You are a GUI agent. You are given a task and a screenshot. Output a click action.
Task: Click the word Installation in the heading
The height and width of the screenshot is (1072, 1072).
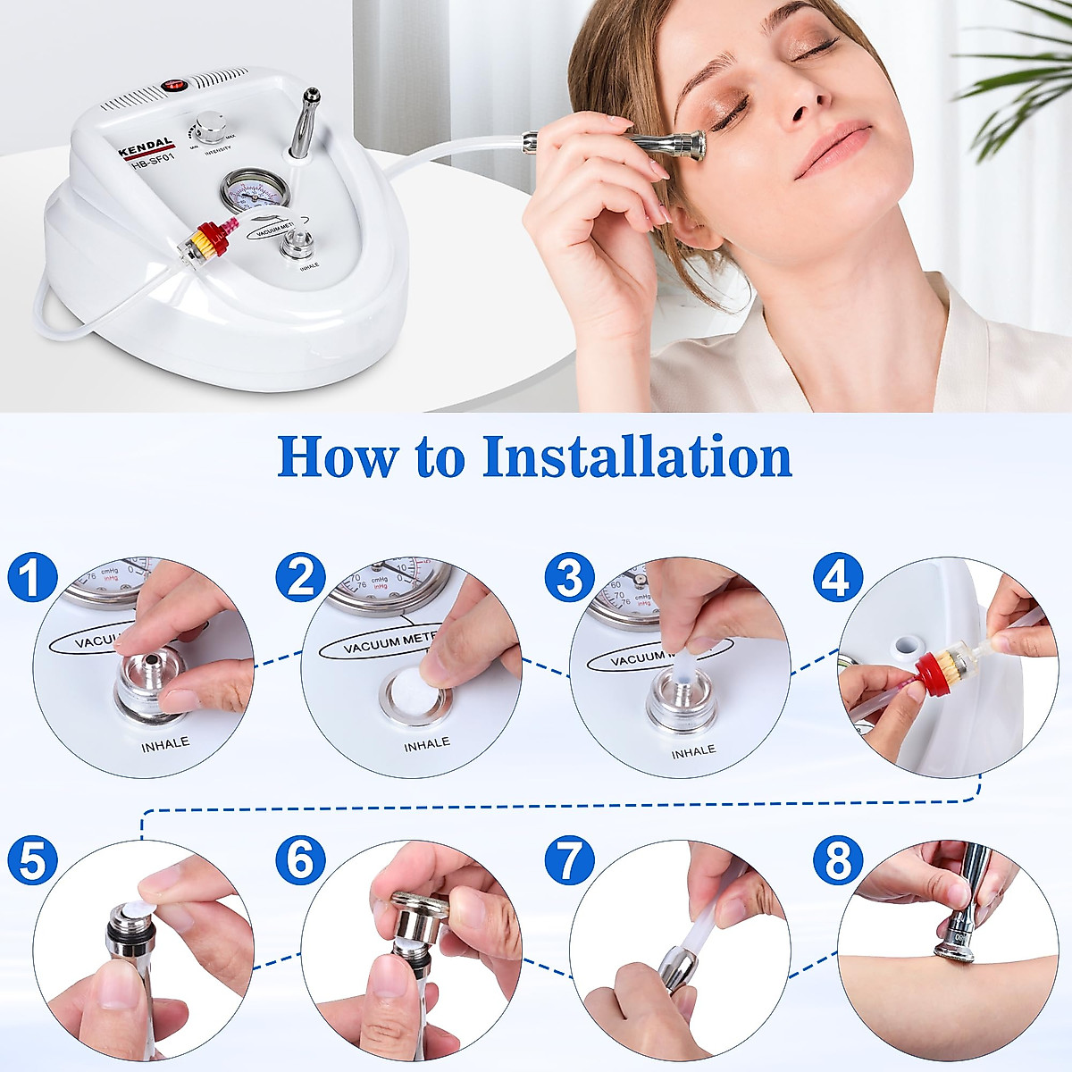636,456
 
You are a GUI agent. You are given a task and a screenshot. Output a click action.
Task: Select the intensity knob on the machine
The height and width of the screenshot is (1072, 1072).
211,128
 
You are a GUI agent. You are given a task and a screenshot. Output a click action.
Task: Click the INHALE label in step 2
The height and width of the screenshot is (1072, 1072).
426,743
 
